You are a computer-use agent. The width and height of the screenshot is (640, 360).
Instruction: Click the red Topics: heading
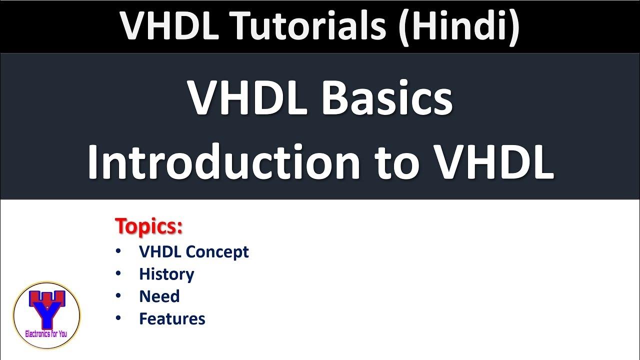pyautogui.click(x=149, y=226)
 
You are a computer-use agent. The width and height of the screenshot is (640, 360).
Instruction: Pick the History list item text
pyautogui.click(x=166, y=274)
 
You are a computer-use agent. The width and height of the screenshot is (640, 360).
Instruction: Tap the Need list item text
pyautogui.click(x=159, y=296)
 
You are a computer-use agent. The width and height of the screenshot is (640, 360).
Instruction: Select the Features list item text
pyautogui.click(x=172, y=319)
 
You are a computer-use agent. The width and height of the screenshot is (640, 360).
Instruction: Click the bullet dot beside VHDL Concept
pyautogui.click(x=118, y=251)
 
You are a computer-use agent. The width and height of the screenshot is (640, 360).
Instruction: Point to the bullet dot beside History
pyautogui.click(x=118, y=273)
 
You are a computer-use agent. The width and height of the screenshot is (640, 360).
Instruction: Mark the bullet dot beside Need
pyautogui.click(x=118, y=295)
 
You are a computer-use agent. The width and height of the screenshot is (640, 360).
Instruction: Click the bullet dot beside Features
pyautogui.click(x=118, y=318)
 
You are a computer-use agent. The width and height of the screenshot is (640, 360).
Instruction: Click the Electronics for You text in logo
pyautogui.click(x=46, y=333)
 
